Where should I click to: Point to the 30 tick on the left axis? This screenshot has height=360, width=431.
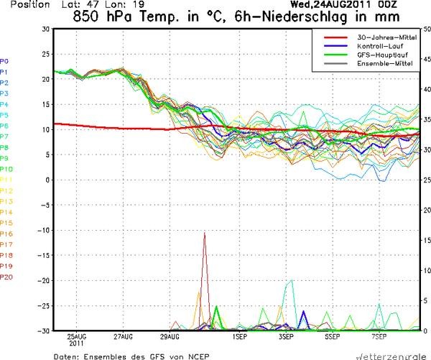(x=45, y=29)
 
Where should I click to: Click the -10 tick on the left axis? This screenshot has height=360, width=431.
(x=44, y=230)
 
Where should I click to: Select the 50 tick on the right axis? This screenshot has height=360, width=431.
(x=426, y=29)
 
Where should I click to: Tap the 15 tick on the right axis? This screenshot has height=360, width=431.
(x=426, y=240)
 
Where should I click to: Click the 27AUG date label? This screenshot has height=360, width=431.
(x=124, y=336)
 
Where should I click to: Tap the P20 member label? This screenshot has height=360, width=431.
(x=6, y=277)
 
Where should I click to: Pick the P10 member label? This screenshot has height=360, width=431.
(x=6, y=169)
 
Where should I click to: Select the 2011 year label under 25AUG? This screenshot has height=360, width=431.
(x=77, y=344)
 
